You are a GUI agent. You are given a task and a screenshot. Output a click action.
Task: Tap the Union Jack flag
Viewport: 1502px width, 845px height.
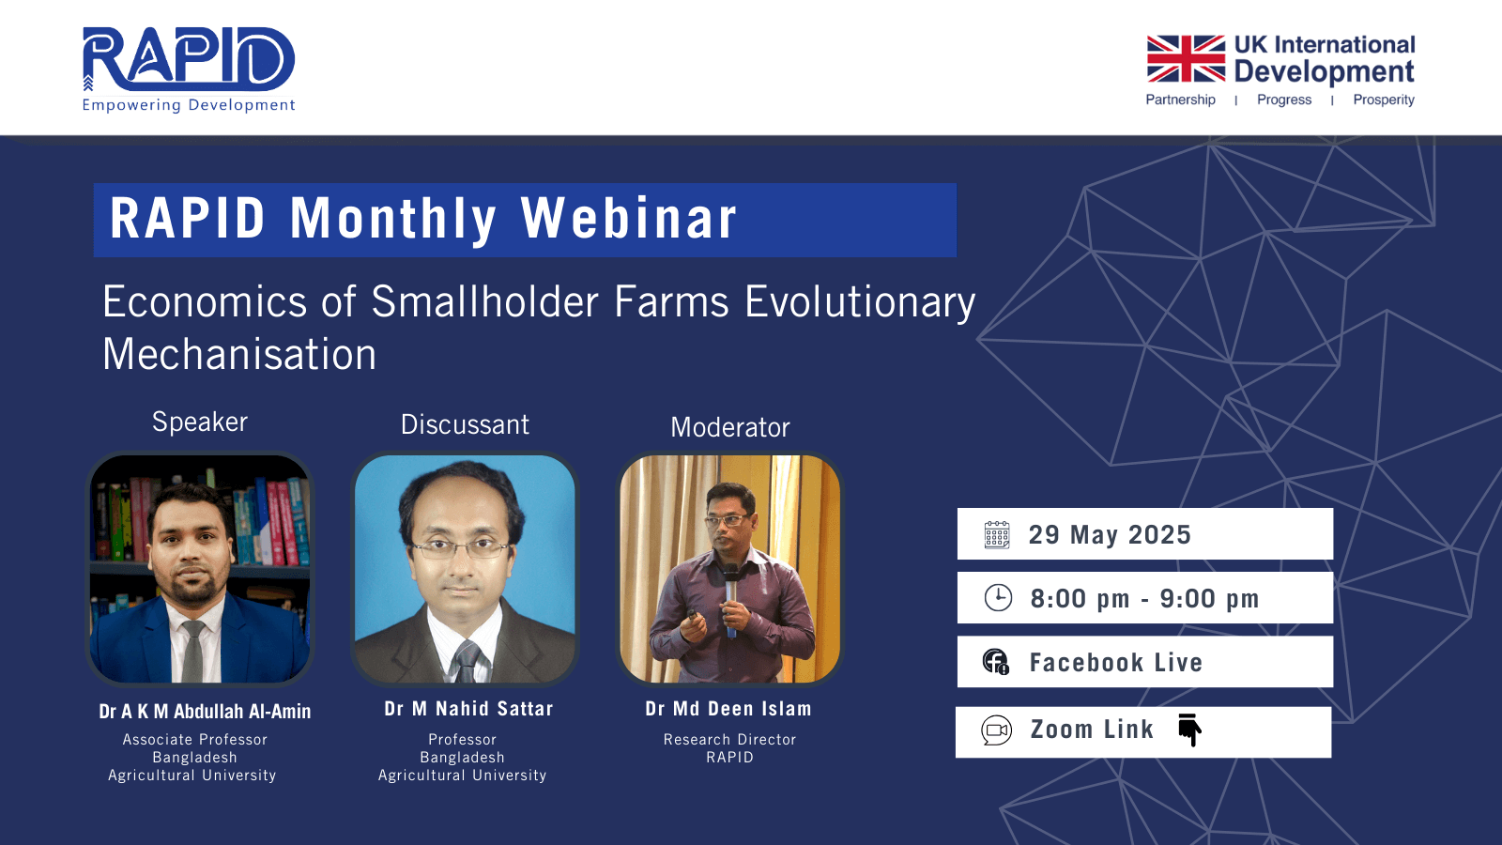click(x=1186, y=58)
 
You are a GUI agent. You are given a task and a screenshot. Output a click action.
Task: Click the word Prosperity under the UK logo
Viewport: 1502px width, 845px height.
click(x=1384, y=100)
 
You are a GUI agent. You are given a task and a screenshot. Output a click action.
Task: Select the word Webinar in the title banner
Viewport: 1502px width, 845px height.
click(x=629, y=219)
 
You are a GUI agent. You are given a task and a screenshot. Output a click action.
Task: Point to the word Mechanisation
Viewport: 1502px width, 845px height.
click(x=239, y=354)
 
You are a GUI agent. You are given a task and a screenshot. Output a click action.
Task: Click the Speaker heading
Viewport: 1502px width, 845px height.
click(x=200, y=422)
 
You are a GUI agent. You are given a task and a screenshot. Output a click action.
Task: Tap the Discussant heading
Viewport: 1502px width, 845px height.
click(x=465, y=424)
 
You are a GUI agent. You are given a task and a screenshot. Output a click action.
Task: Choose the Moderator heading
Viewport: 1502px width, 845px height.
click(x=730, y=427)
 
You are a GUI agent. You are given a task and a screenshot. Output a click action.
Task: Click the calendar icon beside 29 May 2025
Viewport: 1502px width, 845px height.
click(x=996, y=534)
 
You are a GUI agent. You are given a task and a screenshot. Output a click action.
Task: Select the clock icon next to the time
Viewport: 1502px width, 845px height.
click(x=998, y=597)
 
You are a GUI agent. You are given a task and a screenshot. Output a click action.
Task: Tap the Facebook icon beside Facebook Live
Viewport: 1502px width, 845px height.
click(x=996, y=661)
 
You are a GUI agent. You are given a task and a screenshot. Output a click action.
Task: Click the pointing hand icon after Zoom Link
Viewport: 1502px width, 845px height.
click(x=1189, y=730)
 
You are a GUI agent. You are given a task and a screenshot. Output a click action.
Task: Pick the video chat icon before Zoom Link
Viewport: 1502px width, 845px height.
click(x=996, y=730)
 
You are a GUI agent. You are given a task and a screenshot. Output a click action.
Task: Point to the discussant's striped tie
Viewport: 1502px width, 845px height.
click(x=467, y=661)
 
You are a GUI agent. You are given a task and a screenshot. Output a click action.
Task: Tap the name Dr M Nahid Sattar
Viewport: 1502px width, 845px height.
click(x=468, y=709)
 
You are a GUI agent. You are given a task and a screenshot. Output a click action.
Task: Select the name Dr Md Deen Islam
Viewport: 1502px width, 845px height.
click(x=728, y=709)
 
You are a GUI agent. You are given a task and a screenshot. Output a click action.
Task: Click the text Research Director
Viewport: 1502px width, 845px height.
click(x=729, y=739)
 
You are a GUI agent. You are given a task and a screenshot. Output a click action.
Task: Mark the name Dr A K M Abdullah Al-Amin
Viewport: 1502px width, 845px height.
click(x=206, y=712)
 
